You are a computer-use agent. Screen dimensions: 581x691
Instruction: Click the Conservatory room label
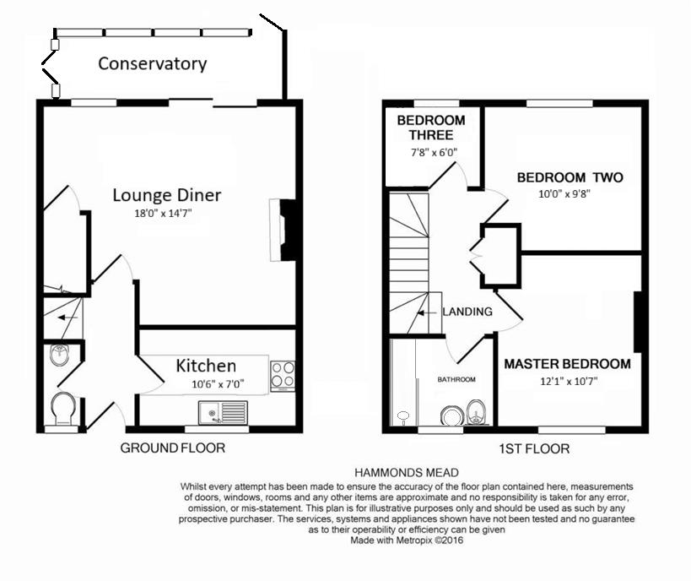tap(152, 63)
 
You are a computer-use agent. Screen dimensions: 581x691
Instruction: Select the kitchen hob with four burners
tap(282, 375)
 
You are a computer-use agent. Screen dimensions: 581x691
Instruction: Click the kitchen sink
tap(223, 412)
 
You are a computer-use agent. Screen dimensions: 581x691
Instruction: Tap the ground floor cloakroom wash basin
tap(59, 355)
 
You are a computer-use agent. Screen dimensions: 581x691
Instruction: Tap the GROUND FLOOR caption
tap(173, 448)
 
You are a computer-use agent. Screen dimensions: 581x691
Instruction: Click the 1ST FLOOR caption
tap(534, 448)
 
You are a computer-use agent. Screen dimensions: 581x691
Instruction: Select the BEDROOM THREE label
tap(426, 128)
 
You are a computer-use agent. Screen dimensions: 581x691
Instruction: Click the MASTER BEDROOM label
tap(567, 364)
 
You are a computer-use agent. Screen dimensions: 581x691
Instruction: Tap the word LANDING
tap(467, 312)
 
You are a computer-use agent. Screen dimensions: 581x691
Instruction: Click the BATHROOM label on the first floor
tap(456, 379)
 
